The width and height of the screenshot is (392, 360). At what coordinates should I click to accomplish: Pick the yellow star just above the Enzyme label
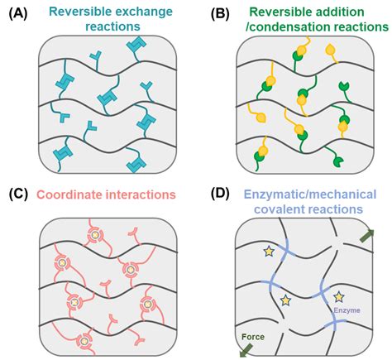(337, 295)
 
